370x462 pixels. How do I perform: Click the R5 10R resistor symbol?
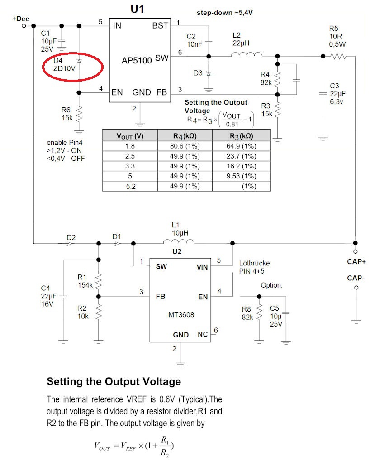point(338,56)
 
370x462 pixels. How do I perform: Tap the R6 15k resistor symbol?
point(79,114)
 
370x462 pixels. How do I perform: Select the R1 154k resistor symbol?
point(99,282)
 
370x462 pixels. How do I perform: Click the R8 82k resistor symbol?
point(259,311)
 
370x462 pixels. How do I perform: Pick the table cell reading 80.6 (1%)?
point(185,146)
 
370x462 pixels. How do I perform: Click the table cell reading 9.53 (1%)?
point(241,176)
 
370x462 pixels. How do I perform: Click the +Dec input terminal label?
point(20,19)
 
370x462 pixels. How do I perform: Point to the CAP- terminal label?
point(356,278)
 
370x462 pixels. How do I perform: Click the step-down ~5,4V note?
point(224,13)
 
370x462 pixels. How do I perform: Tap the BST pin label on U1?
point(160,25)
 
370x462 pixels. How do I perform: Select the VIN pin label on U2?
point(202,267)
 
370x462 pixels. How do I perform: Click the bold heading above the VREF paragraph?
point(114,381)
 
